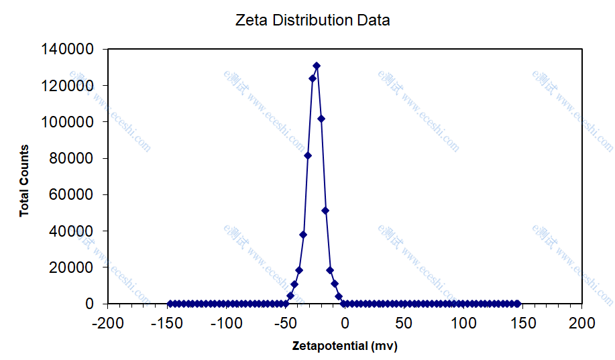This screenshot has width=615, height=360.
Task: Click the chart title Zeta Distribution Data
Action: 313,20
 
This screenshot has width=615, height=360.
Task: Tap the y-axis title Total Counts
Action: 24,181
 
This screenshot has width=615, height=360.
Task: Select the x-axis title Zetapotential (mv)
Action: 345,347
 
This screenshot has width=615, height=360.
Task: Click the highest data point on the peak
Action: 317,66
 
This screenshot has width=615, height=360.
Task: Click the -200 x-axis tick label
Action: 108,323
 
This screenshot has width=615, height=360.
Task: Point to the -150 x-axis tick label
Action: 167,323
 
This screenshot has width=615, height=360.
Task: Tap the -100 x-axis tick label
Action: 226,323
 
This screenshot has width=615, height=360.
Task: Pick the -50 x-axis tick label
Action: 285,323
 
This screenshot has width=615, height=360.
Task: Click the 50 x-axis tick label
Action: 404,323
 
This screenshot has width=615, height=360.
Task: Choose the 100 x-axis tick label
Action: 463,323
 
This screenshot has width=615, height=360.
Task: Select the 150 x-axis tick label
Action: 522,323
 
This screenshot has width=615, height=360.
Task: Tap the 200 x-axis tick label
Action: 581,323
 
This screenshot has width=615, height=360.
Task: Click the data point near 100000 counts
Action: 321,119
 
